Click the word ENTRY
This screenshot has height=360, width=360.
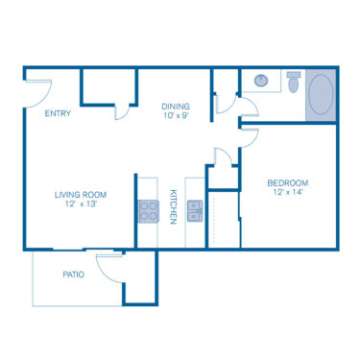click(59, 114)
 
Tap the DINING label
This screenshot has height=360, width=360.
click(175, 107)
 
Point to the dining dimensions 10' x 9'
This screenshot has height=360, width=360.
click(175, 116)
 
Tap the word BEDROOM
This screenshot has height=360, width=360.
click(286, 182)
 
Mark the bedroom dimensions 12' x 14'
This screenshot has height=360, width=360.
click(286, 192)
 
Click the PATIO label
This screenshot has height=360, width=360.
click(73, 275)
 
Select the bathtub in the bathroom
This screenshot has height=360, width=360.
click(321, 97)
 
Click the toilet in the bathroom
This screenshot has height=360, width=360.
click(293, 83)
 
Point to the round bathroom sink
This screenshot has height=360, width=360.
click(258, 83)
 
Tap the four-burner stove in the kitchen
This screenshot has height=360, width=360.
click(148, 210)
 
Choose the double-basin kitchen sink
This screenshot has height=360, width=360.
click(195, 210)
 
